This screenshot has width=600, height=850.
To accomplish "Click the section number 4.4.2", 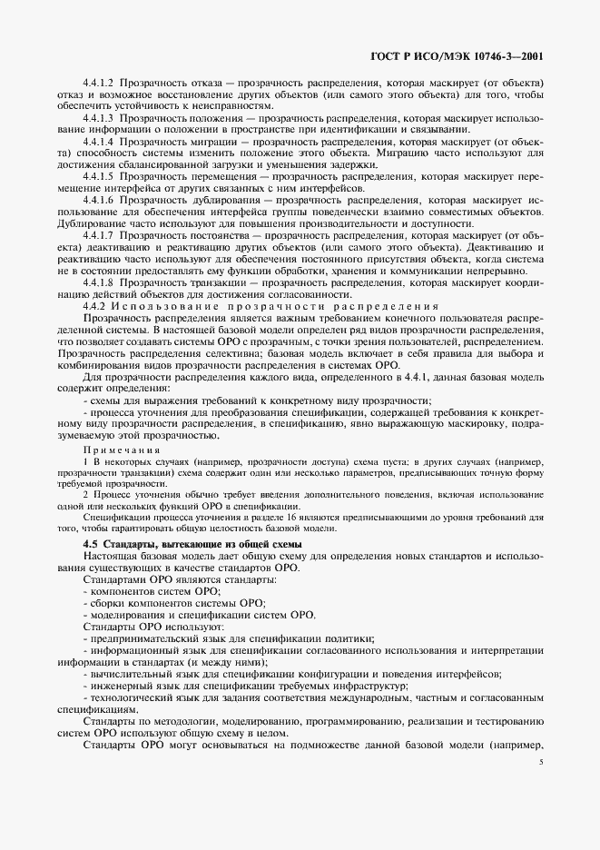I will pos(93,305).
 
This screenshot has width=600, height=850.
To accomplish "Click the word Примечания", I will pos(122,450).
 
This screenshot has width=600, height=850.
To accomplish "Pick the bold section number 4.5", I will pos(90,542).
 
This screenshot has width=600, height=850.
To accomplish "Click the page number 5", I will pos(539,763).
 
